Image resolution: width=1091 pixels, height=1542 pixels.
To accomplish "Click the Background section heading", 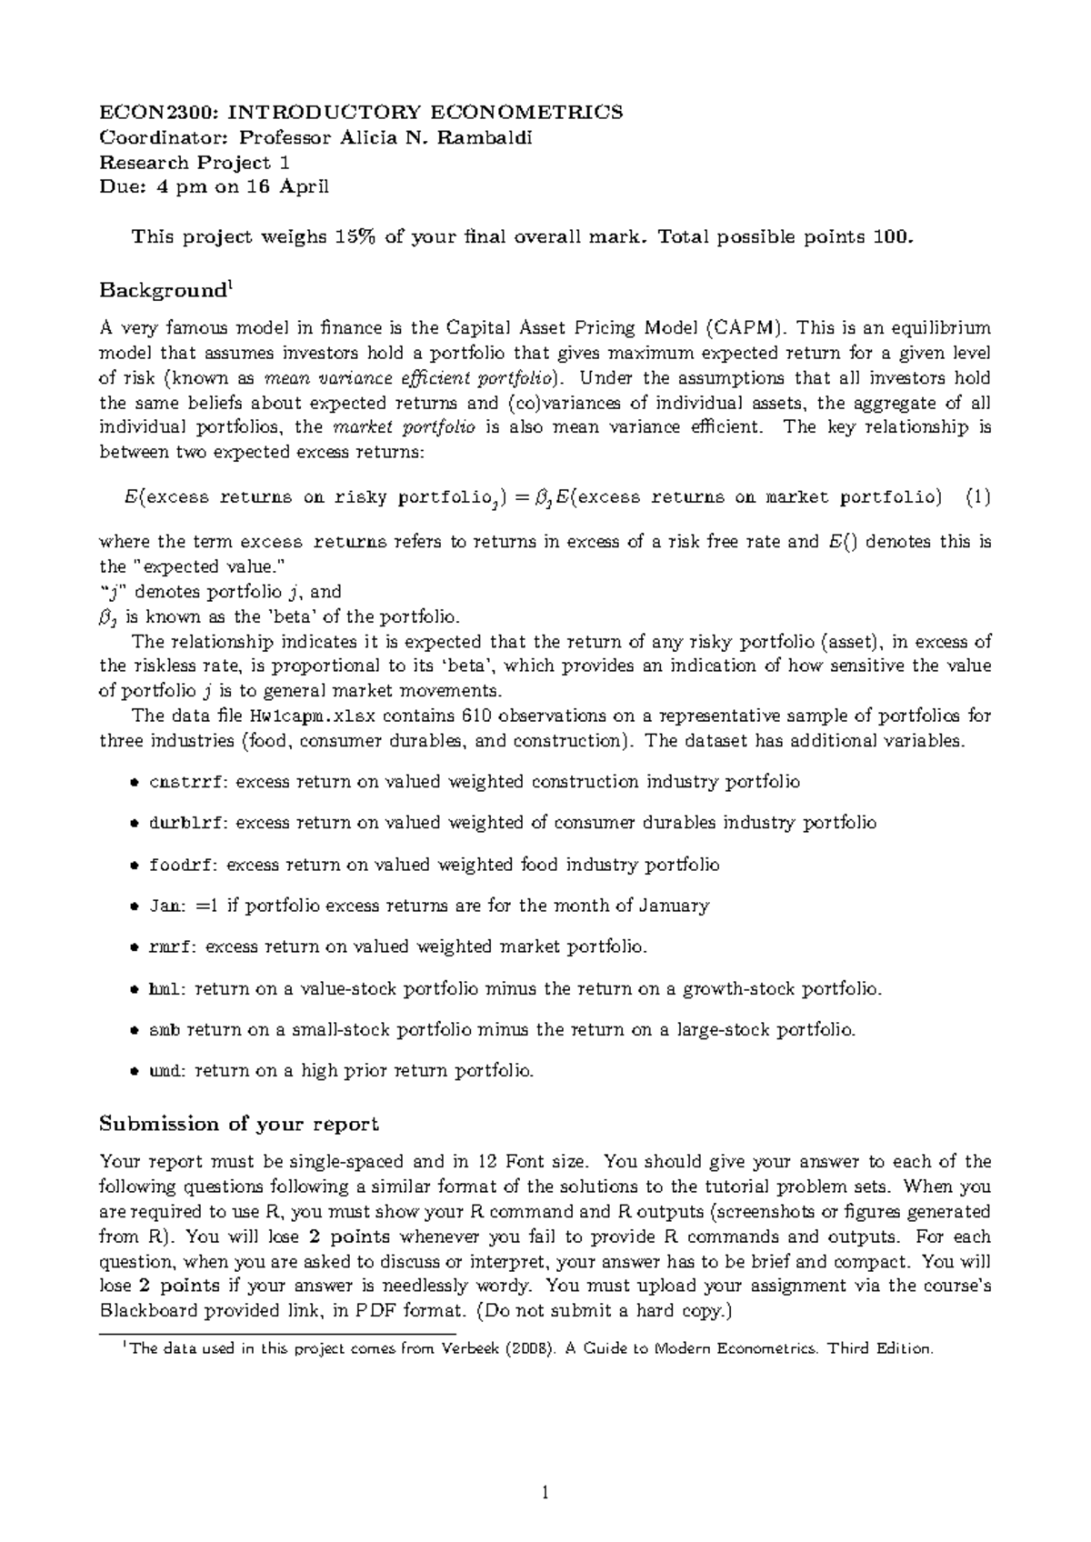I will pyautogui.click(x=163, y=291).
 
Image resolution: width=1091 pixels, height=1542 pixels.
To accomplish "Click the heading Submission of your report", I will pyautogui.click(x=238, y=1124).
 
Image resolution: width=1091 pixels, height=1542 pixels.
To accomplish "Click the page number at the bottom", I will pyautogui.click(x=545, y=1492).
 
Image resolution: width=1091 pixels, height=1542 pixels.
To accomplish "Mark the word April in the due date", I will pyautogui.click(x=305, y=187).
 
